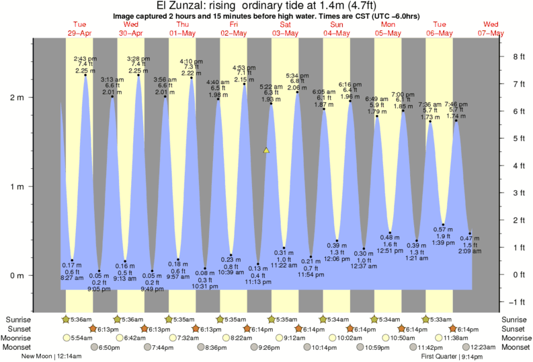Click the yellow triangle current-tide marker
coord(267,150)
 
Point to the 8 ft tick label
coord(518,57)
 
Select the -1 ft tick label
coord(516,301)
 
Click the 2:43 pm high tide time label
coord(85,58)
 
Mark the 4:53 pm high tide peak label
coord(243,67)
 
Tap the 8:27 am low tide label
coord(72,277)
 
